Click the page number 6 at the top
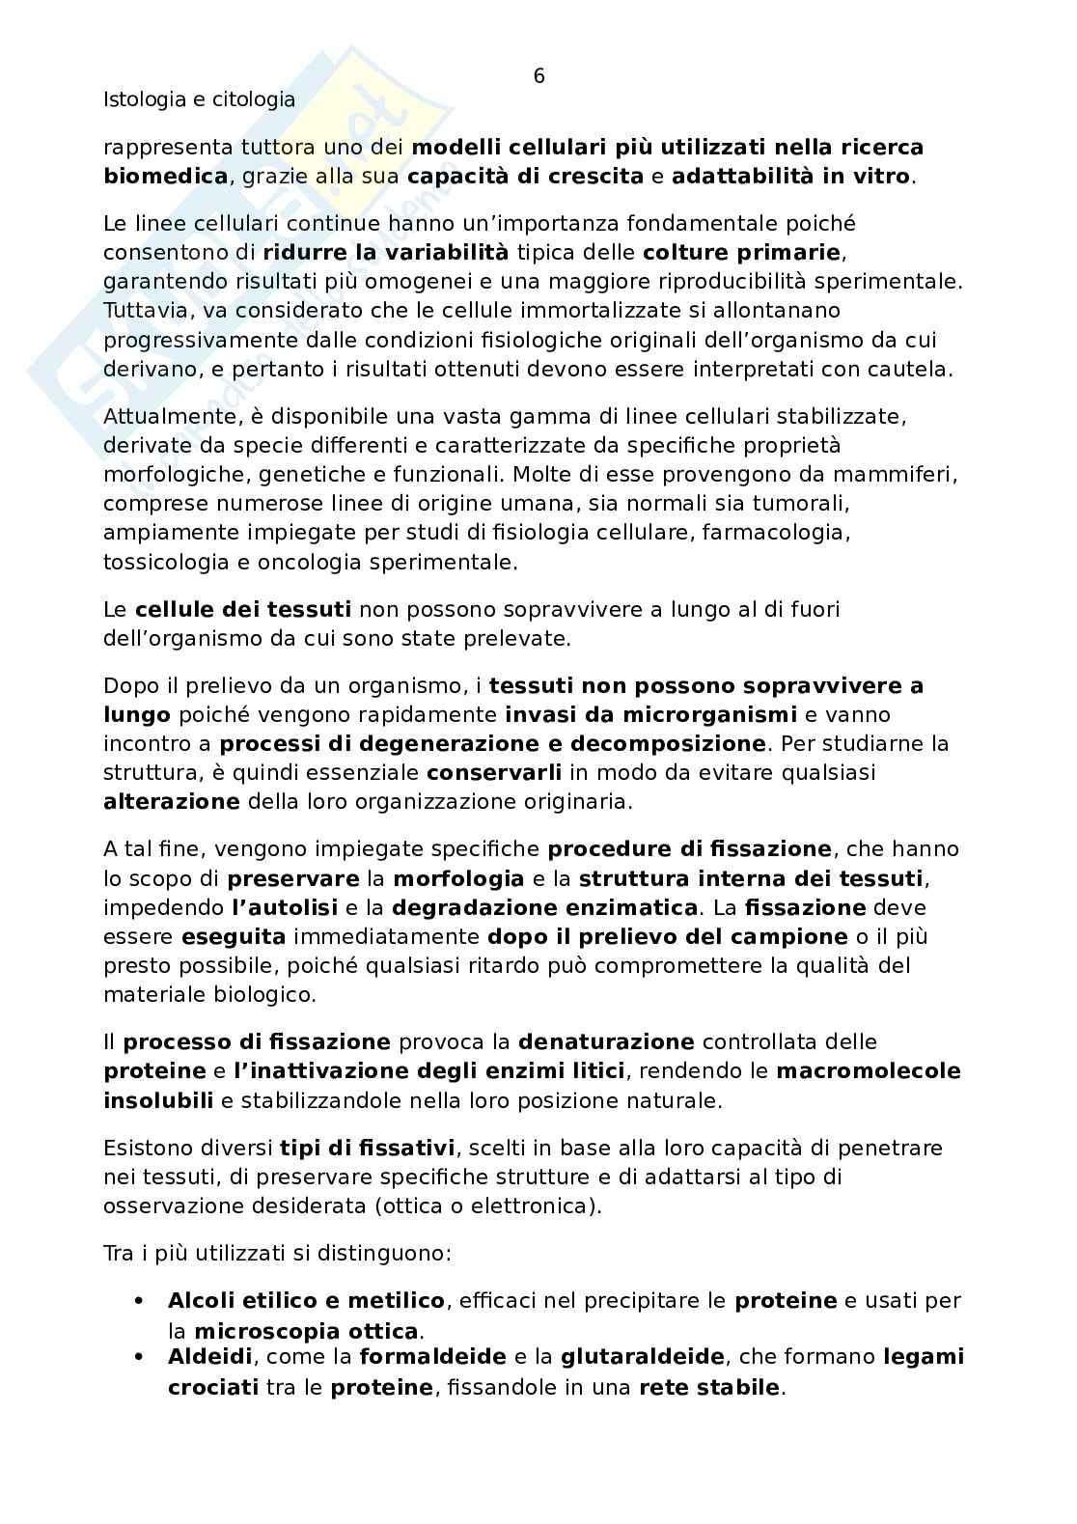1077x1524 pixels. tap(538, 77)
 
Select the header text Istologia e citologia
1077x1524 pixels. tap(199, 99)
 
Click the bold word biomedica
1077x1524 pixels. tap(166, 177)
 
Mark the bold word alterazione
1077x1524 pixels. tap(172, 802)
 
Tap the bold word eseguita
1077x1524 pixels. tap(234, 937)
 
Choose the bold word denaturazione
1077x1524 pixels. tap(606, 1042)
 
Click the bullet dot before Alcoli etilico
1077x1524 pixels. tap(143, 1301)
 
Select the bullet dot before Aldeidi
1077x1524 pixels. tap(143, 1357)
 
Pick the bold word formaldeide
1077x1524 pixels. tap(432, 1357)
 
